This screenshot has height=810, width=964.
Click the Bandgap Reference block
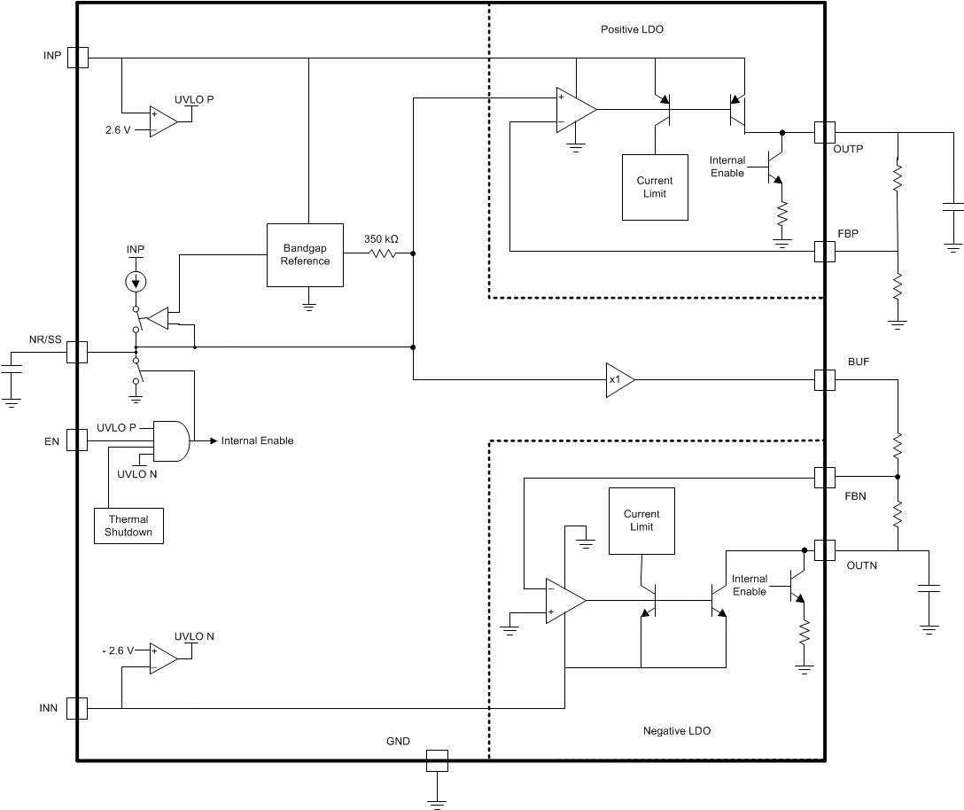click(306, 255)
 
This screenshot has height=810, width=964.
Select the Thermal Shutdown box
click(128, 526)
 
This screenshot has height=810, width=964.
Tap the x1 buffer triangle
click(618, 379)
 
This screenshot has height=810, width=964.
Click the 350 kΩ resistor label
click(381, 239)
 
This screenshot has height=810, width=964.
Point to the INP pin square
click(78, 58)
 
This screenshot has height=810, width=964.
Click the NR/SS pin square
click(78, 352)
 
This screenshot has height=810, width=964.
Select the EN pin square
click(78, 440)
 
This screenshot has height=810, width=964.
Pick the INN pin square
click(78, 708)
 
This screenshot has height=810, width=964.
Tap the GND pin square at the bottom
click(437, 760)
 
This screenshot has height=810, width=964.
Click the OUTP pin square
click(824, 133)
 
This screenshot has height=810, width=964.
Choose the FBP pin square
click(824, 251)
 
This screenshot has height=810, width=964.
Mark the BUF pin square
click(824, 379)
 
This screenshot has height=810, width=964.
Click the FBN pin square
click(824, 479)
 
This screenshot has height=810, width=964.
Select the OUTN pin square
click(824, 550)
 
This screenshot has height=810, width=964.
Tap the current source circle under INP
click(136, 282)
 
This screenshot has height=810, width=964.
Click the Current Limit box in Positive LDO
click(655, 187)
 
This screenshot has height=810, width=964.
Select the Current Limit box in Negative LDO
click(641, 521)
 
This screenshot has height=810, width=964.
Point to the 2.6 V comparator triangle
click(163, 121)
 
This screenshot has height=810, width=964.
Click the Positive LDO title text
click(632, 29)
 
